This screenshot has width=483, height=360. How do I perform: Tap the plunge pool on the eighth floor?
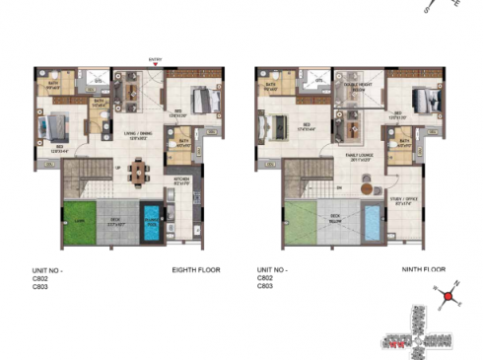coord(151,219)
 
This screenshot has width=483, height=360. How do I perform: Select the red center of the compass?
coord(448,294)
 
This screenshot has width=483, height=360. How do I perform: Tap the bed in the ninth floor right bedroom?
coord(422,100)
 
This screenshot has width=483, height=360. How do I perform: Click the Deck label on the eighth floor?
coord(116,219)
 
